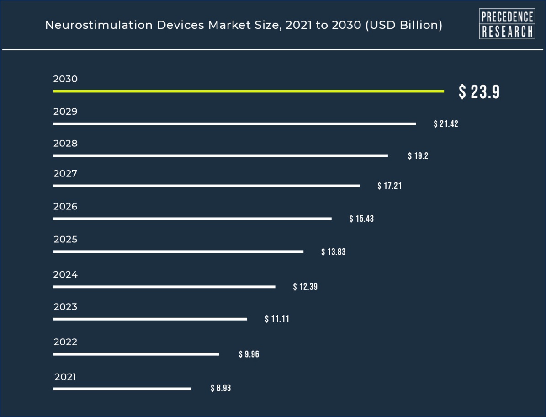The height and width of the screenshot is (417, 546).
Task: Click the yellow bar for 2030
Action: (248, 91)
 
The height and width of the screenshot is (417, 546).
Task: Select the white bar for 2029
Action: (234, 123)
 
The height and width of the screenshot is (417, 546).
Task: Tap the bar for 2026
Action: (192, 219)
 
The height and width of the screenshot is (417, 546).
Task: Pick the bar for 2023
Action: (150, 319)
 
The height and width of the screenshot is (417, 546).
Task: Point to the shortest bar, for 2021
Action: (122, 389)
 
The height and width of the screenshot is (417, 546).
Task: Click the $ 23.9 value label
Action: (479, 92)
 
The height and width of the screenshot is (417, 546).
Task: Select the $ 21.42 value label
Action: (446, 124)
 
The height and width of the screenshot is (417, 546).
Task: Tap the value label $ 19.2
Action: (418, 156)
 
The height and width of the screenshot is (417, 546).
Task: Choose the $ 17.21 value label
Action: (390, 186)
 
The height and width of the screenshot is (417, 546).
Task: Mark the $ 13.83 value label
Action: (334, 252)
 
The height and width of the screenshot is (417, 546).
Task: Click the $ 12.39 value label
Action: (305, 287)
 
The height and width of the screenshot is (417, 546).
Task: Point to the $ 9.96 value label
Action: (249, 354)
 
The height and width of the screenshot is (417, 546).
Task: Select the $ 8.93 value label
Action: (221, 388)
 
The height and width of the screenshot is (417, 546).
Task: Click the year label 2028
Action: (65, 144)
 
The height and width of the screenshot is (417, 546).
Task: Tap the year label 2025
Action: (65, 240)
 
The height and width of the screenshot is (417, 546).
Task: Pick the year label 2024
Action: (65, 275)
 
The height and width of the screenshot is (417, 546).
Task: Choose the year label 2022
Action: (65, 342)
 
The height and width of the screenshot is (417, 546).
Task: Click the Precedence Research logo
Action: (507, 24)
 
